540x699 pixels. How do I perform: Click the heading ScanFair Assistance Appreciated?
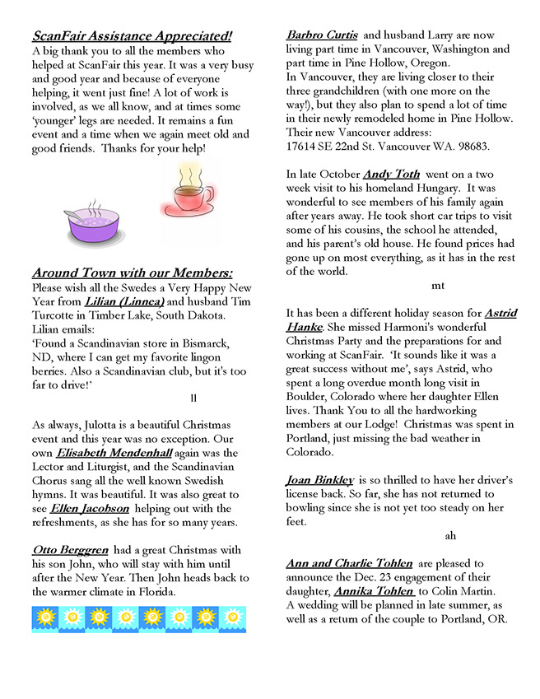pyautogui.click(x=132, y=36)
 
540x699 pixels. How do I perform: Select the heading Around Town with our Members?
pyautogui.click(x=132, y=273)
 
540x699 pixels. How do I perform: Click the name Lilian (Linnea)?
pyautogui.click(x=124, y=302)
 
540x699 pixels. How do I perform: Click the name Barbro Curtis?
pyautogui.click(x=322, y=35)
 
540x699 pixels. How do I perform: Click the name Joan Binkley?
pyautogui.click(x=320, y=479)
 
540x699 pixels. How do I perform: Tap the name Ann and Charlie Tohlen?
pyautogui.click(x=349, y=563)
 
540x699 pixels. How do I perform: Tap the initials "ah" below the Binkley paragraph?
pyautogui.click(x=450, y=536)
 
